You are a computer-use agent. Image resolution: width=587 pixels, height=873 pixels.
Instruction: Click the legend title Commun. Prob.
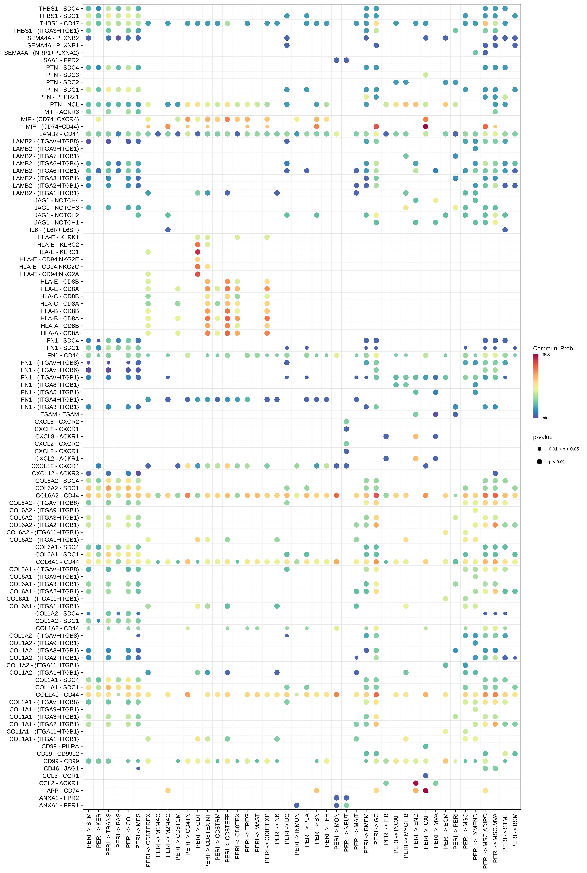553,348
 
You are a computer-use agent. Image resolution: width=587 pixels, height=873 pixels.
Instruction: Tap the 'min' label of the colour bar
545,418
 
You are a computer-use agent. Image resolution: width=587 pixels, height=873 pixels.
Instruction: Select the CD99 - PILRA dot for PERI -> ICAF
426,746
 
